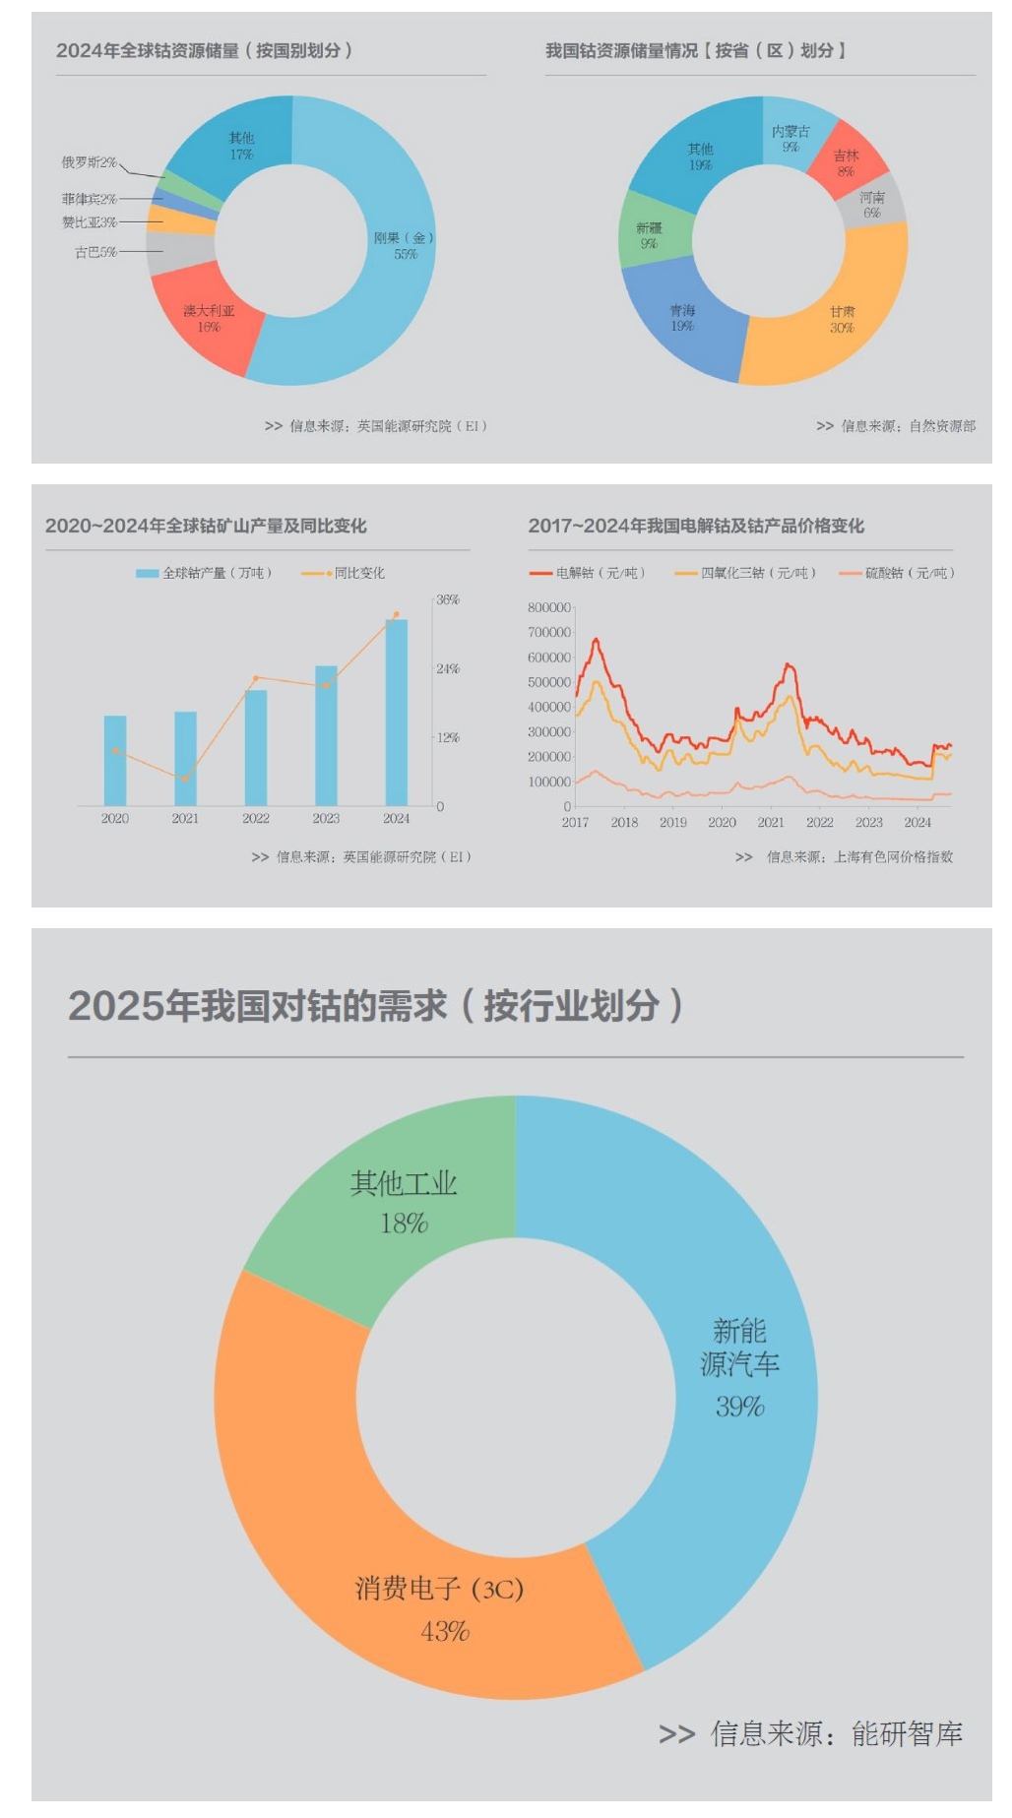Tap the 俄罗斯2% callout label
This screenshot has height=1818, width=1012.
[89, 162]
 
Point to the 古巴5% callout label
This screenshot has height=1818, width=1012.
[95, 253]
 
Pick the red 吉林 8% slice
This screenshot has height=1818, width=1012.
[846, 162]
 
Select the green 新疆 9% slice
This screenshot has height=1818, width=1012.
[650, 235]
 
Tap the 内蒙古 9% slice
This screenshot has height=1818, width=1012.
[791, 138]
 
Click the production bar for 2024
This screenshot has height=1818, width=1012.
[397, 712]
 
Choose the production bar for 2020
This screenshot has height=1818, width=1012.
[115, 760]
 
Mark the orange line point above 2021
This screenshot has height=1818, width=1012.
[185, 779]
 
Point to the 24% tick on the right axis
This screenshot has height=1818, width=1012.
[448, 669]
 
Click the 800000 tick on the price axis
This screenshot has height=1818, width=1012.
[549, 608]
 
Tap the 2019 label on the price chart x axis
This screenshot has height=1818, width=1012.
[673, 823]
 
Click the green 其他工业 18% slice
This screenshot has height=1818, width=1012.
[404, 1201]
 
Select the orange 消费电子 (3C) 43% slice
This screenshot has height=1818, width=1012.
[440, 1607]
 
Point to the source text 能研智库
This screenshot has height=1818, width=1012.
[907, 1733]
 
